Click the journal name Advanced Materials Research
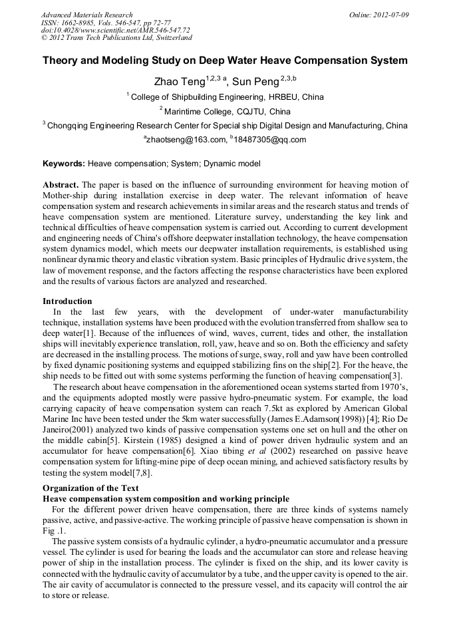[86, 15]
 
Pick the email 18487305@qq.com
[269, 140]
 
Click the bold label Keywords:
[64, 164]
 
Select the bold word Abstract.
[61, 184]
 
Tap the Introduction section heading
[67, 301]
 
